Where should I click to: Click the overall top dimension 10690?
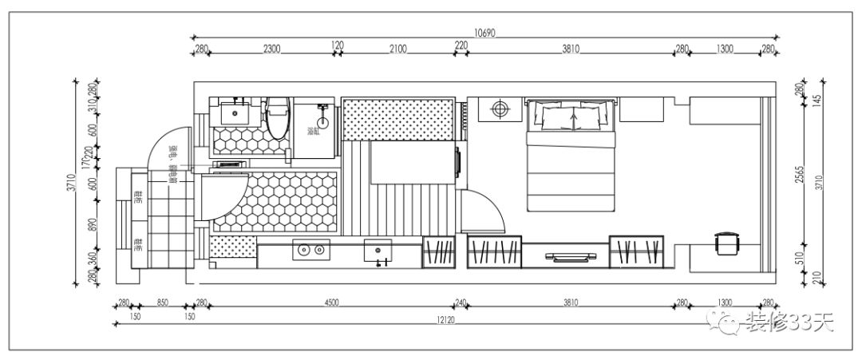coord(484,33)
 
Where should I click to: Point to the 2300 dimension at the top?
coord(271,49)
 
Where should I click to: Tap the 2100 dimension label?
coord(397,49)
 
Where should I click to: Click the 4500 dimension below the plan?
coord(331,302)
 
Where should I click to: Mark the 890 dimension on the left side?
coord(92,226)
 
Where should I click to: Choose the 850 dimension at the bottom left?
coord(162,302)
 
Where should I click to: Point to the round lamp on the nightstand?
coord(500,109)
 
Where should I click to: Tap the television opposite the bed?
coord(571,256)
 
